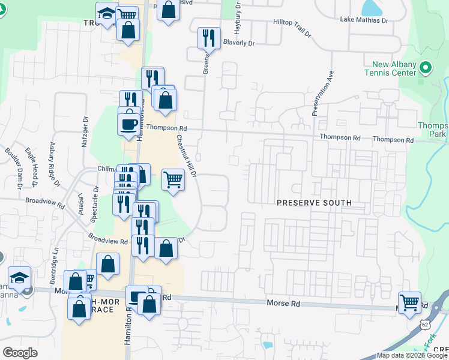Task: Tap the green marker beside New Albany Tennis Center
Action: pos(426,67)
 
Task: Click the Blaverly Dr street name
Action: pos(240,43)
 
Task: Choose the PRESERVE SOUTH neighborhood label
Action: pos(314,203)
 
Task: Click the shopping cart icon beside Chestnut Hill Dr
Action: pos(173,178)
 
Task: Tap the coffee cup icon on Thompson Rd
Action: pos(129,124)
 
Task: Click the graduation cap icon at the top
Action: pos(107,13)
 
